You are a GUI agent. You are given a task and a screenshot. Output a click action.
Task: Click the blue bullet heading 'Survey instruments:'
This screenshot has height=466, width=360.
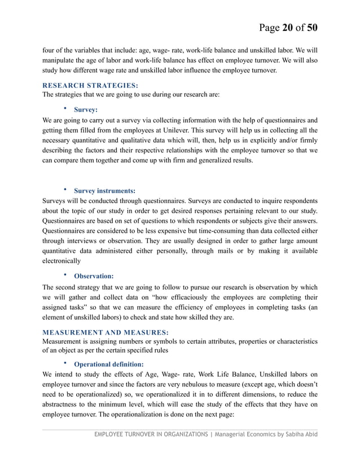104,190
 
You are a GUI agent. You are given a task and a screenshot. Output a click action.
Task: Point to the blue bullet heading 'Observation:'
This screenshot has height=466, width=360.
94,276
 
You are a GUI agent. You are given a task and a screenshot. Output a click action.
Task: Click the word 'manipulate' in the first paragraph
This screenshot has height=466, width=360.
62,60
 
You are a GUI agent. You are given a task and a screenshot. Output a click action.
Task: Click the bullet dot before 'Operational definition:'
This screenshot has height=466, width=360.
66,363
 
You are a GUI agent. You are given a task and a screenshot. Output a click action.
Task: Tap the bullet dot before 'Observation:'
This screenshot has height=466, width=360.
66,275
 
